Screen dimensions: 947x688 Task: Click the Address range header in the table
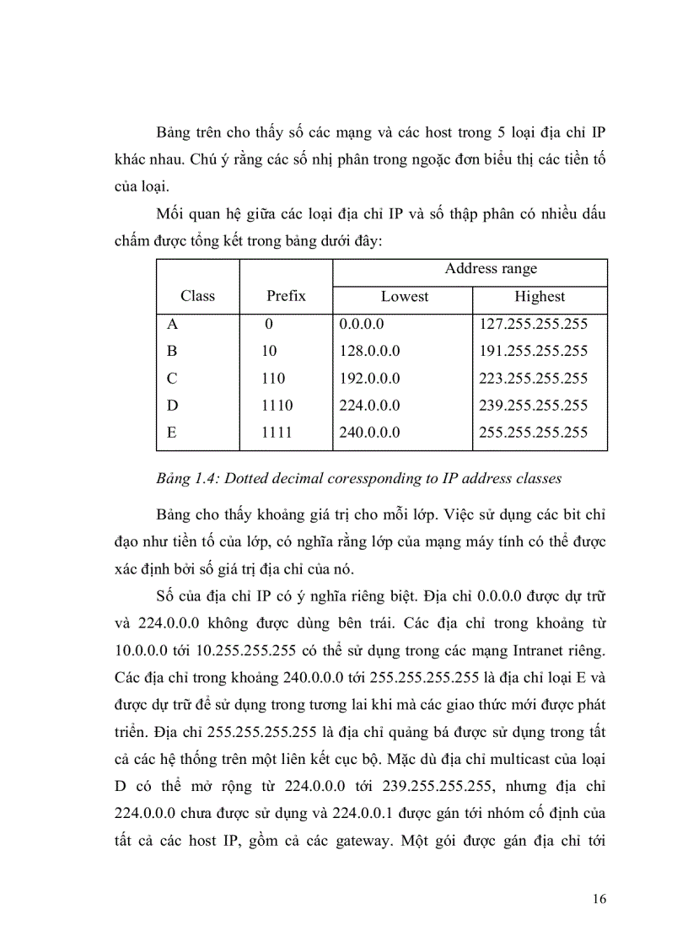[491, 269]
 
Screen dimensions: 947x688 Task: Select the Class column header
[197, 296]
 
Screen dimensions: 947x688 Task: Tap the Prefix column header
[286, 296]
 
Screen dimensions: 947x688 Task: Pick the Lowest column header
[404, 297]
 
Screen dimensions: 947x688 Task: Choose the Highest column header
[540, 297]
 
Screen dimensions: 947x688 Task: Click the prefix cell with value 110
[273, 378]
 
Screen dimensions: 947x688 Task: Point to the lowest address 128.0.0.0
[369, 351]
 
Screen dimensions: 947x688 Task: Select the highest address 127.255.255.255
[533, 324]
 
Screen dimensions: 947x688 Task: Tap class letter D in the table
[173, 406]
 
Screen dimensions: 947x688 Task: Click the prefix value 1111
[277, 433]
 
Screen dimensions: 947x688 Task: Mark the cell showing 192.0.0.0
[369, 378]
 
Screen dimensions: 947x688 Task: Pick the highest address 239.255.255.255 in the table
[533, 406]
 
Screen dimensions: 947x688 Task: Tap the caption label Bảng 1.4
[180, 479]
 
